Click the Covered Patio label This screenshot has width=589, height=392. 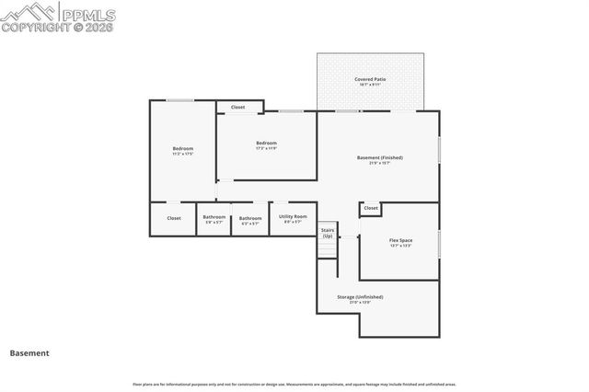370,79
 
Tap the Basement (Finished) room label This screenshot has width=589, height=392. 379,157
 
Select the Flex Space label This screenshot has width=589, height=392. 400,240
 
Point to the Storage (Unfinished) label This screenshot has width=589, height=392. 360,296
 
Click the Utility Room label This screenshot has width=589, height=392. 292,216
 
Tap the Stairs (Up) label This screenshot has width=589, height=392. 327,233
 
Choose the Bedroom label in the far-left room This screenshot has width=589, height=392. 182,148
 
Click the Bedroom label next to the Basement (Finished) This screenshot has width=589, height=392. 266,143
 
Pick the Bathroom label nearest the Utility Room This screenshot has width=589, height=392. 250,218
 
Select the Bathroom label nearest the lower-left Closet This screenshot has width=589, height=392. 214,217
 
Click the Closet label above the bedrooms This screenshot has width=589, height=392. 237,107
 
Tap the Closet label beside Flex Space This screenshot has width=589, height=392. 371,208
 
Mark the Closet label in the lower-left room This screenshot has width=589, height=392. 174,218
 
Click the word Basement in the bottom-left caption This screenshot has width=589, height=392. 29,352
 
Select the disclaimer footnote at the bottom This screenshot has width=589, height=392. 294,384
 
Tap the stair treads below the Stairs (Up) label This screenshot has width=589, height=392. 327,248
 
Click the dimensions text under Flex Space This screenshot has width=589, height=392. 400,246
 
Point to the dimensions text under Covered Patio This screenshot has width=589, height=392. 370,85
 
